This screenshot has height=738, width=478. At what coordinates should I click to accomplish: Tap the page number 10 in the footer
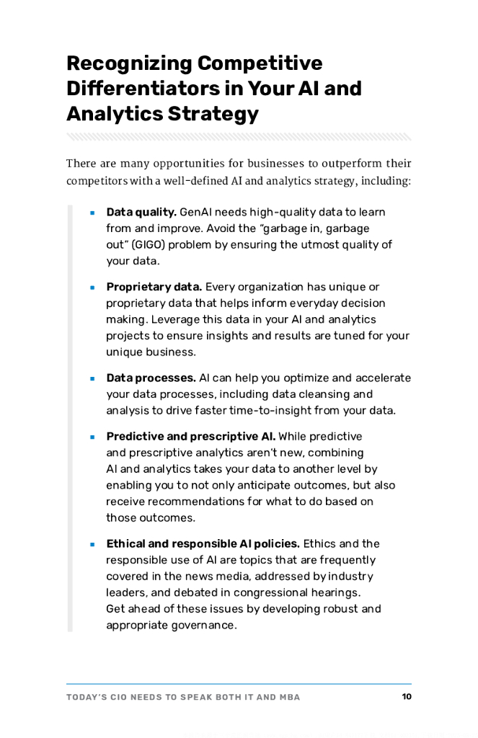tap(407, 697)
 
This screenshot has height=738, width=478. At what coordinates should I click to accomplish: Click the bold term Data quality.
tap(141, 212)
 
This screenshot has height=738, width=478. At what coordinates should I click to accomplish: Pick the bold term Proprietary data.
tap(154, 287)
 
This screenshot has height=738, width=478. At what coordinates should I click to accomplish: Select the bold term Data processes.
tap(151, 378)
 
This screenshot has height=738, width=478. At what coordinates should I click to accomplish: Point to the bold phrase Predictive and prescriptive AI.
tap(191, 436)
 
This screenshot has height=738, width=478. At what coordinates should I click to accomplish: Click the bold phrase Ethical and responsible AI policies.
tap(203, 543)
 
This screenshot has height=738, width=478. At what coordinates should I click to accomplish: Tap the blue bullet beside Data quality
tap(93, 213)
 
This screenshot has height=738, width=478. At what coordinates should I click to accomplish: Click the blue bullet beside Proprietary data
tap(93, 288)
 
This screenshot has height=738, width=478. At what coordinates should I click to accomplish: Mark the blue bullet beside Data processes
tap(93, 378)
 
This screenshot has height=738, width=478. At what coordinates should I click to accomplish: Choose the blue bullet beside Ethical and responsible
tap(93, 544)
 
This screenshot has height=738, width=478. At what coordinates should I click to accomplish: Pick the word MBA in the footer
tap(288, 697)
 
